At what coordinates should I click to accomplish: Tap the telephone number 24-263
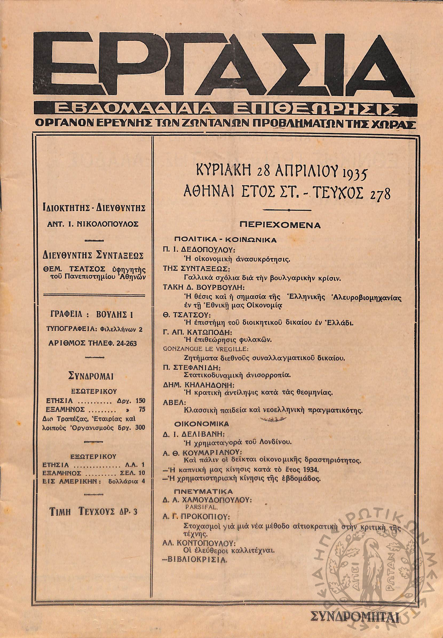click(127, 343)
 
